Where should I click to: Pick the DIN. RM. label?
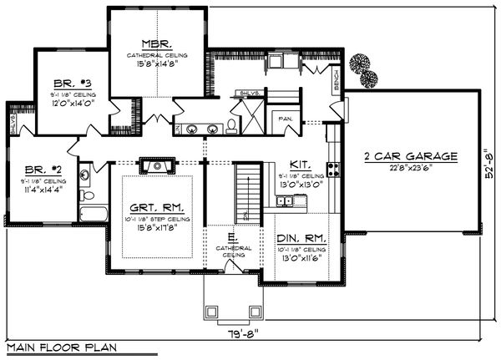coord(301,239)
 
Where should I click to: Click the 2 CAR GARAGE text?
coord(409,155)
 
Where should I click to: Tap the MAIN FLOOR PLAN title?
coord(60,347)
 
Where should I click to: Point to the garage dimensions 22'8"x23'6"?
coord(409,167)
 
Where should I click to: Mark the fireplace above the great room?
coord(156,166)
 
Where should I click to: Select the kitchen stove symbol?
coord(333,170)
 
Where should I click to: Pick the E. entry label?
coord(230,238)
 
